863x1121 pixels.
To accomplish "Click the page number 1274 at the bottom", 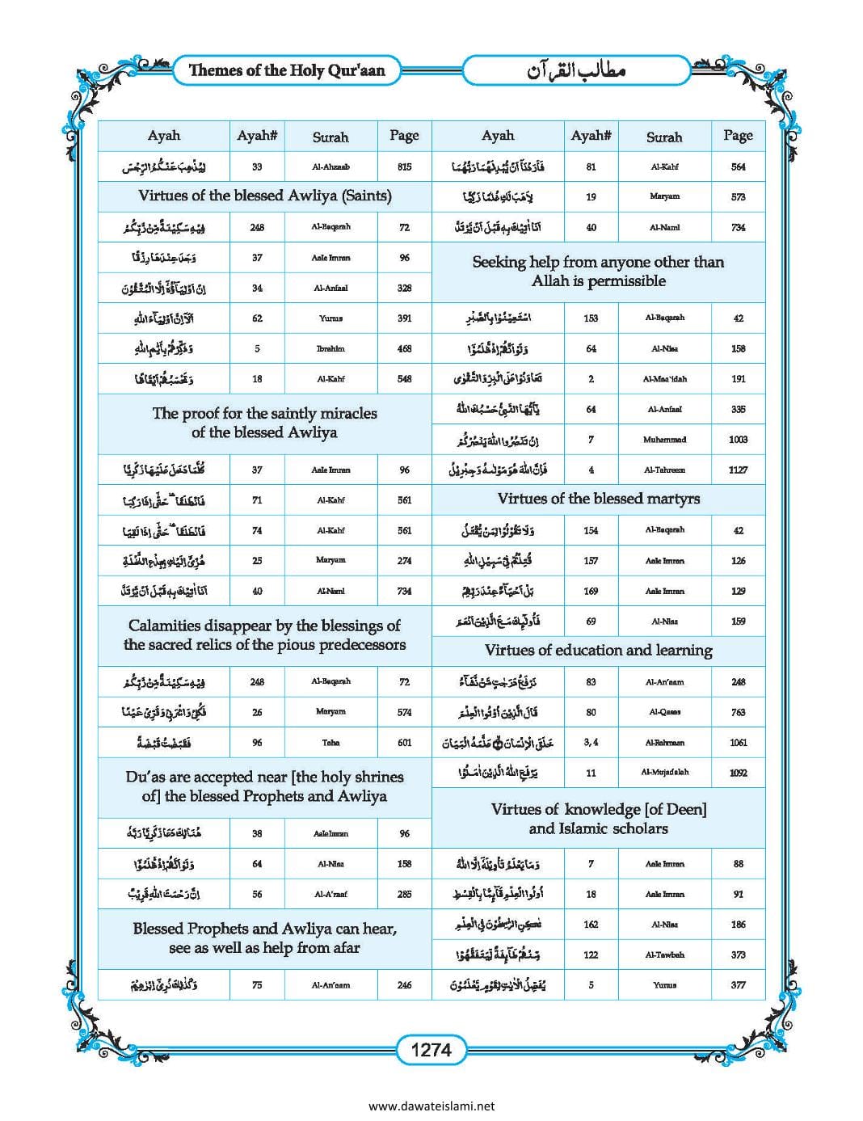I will point(431,1050).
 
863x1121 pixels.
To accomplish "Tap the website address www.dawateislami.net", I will point(431,1106).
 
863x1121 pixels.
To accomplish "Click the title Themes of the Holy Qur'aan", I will point(287,70).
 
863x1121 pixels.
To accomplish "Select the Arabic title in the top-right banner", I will point(577,70).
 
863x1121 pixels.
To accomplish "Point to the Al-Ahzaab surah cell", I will point(330,167).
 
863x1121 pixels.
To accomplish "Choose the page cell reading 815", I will point(404,167).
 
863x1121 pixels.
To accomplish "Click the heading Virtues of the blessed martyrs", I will point(598,499).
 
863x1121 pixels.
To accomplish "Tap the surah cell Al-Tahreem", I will point(664,470).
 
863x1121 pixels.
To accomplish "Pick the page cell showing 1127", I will point(738,470).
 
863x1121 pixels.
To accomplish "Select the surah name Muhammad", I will point(664,440).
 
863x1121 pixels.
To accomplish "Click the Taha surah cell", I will point(330,743).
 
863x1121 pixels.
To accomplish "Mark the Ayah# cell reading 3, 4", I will point(591,743).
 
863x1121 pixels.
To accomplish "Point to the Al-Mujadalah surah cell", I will point(664,773).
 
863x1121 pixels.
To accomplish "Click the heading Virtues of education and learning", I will point(598,651).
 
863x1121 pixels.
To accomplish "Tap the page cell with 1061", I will point(738,743).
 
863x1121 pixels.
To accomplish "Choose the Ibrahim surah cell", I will point(330,349).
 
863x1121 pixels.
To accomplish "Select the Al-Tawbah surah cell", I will point(664,955).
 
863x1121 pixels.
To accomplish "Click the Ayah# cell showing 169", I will point(591,592).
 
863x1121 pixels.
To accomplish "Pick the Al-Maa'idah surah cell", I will point(664,379).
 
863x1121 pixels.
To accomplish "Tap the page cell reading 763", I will point(738,712).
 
